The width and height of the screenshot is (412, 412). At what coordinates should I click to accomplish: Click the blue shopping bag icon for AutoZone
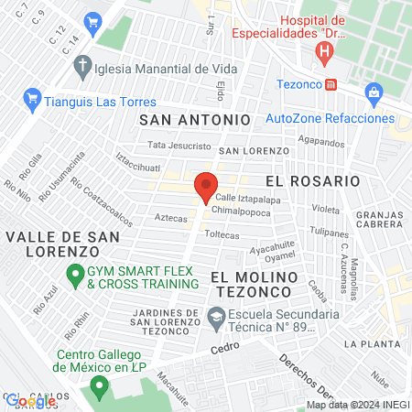(374, 92)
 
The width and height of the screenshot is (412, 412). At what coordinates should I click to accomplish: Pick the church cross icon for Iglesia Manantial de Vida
(83, 66)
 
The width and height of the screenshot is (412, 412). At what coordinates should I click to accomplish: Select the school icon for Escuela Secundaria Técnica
(216, 320)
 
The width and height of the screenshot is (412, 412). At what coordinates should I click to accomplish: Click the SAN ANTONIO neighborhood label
(194, 120)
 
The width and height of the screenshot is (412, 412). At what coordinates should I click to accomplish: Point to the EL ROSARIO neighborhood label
(312, 181)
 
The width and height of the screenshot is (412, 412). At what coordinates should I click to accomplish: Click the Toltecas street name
(222, 235)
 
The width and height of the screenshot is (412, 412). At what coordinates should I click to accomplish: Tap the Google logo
(31, 401)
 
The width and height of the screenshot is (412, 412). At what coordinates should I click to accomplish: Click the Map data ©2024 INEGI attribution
(357, 405)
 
